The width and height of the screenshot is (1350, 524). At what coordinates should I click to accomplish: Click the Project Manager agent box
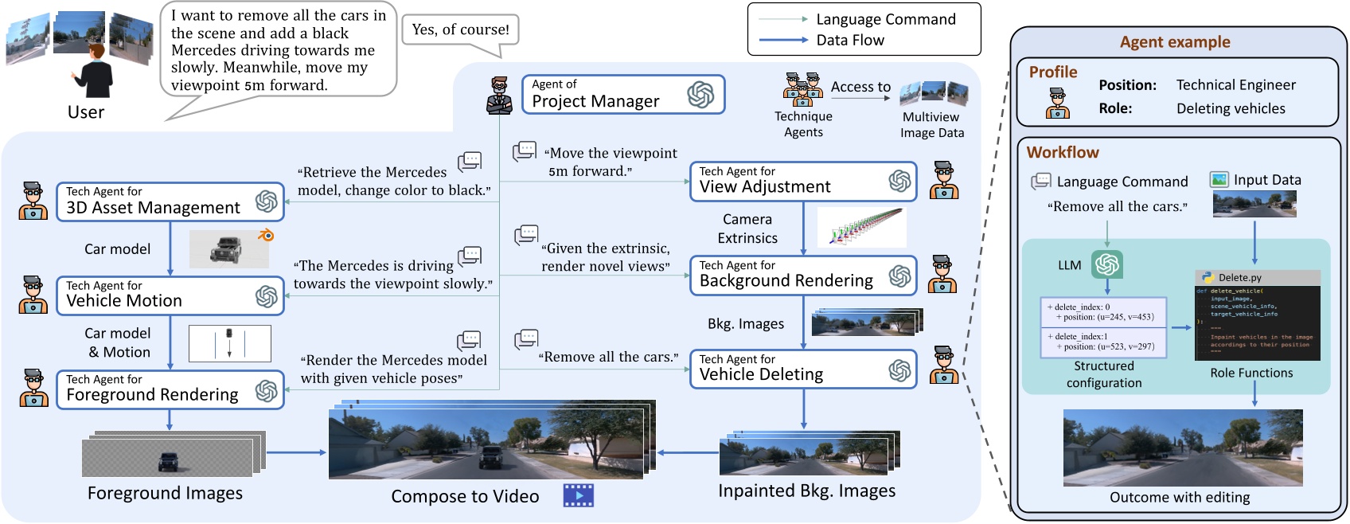[622, 95]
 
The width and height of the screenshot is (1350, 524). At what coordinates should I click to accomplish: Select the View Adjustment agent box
[802, 182]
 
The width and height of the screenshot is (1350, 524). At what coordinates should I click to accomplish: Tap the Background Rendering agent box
[802, 276]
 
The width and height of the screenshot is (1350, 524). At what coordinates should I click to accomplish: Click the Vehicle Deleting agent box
[802, 370]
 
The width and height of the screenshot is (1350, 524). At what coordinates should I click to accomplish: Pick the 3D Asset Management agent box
[170, 201]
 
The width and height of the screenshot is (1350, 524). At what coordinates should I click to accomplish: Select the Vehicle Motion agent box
[170, 295]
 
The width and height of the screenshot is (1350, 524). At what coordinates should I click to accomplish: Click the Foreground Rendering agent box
[170, 389]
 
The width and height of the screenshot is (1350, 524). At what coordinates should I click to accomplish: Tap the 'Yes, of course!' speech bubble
[461, 30]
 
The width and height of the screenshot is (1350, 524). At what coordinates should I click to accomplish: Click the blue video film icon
[579, 495]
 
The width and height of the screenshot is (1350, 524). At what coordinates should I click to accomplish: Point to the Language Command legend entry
[885, 19]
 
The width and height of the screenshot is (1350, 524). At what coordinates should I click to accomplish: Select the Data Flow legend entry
[849, 40]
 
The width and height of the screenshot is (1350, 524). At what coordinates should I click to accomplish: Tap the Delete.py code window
[1257, 316]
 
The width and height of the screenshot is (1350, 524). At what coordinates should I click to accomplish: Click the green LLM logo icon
[1106, 264]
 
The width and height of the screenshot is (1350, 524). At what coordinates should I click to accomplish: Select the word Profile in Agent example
[1052, 72]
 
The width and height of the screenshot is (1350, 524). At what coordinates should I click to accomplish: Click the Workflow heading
[1062, 152]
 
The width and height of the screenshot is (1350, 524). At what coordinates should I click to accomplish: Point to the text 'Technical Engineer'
[1235, 85]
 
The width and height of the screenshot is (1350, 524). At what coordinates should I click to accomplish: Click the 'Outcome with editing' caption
[1179, 498]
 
